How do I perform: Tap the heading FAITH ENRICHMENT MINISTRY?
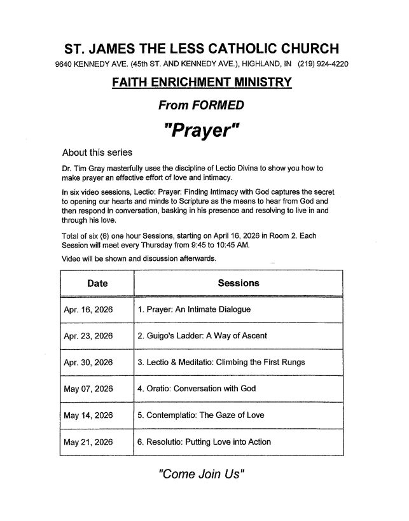tap(201, 83)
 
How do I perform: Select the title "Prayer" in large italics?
tap(202, 133)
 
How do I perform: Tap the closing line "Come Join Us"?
tap(201, 474)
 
